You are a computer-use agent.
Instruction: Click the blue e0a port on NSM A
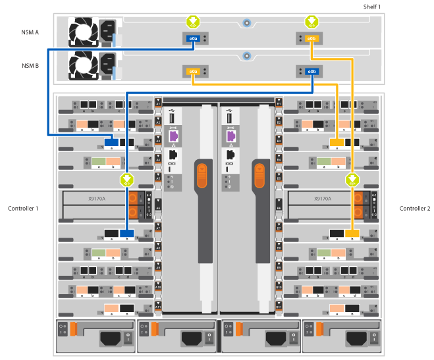[x=193, y=39]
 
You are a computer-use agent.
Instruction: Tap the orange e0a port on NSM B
[x=193, y=71]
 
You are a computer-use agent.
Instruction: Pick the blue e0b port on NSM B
[x=312, y=71]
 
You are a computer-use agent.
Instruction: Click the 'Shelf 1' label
[x=372, y=7]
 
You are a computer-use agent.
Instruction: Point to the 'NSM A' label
[x=30, y=32]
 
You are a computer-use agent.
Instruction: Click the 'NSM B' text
[x=30, y=65]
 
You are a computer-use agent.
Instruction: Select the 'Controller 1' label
[x=23, y=209]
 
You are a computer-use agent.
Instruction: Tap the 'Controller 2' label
[x=414, y=209]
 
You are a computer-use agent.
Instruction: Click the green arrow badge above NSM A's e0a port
[x=193, y=22]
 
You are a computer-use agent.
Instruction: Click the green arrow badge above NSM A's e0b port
[x=312, y=22]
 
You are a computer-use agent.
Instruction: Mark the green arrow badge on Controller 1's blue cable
[x=127, y=179]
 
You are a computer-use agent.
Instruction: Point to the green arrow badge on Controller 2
[x=353, y=179]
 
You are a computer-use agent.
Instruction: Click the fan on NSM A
[x=84, y=32]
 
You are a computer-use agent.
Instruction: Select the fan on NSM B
[x=84, y=65]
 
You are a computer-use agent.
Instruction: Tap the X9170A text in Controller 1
[x=97, y=198]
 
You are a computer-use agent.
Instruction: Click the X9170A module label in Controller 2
[x=322, y=198]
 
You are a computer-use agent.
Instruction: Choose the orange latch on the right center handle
[x=260, y=178]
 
